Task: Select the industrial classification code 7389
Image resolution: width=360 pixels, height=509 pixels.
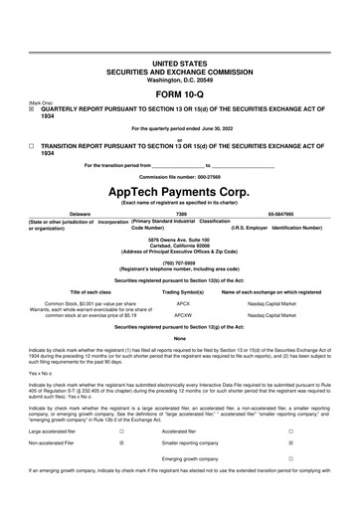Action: (x=180, y=213)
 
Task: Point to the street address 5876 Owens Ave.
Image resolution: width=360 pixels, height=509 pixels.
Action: (x=179, y=240)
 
